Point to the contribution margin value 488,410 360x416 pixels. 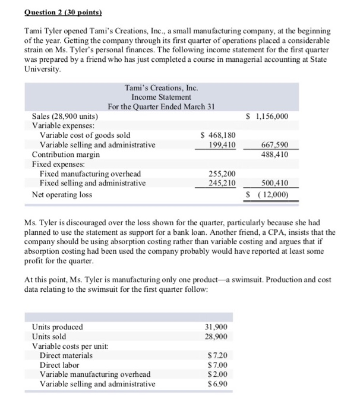pos(273,154)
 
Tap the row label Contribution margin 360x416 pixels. pos(65,154)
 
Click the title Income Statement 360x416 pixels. pos(161,97)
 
